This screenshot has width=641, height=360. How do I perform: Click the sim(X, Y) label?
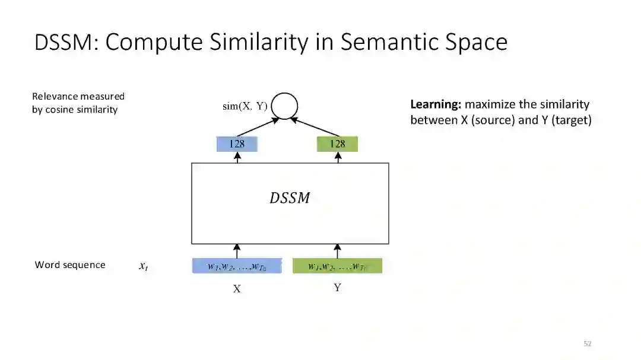[x=245, y=106]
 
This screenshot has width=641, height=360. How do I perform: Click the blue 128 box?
[x=237, y=144]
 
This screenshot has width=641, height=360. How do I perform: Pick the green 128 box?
[x=337, y=144]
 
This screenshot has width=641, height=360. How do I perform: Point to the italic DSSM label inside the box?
[x=290, y=198]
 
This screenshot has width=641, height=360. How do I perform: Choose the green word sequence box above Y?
[x=337, y=266]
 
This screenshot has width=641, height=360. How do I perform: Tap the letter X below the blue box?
[x=237, y=289]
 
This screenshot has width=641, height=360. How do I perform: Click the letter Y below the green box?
[x=337, y=288]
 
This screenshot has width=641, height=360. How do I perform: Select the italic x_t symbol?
[x=143, y=267]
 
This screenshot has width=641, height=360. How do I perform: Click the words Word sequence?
[x=70, y=265]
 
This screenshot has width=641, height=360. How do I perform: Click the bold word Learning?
[x=436, y=104]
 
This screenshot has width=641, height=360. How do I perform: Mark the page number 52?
[x=588, y=343]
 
